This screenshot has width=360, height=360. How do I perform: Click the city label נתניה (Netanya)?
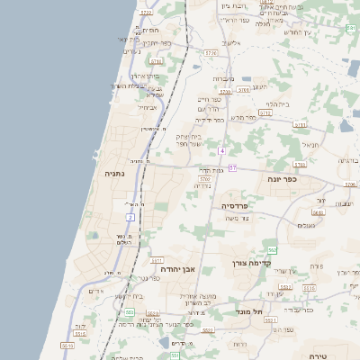(114, 173)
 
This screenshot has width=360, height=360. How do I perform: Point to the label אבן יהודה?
(177, 269)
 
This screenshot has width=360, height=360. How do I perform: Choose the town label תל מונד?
(249, 310)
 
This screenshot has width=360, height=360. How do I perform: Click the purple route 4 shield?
(221, 150)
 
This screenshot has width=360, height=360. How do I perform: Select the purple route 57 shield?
(232, 168)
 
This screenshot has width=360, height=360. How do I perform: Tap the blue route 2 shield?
(130, 217)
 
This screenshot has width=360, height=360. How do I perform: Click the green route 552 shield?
(272, 249)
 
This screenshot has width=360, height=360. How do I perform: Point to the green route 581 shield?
(350, 29)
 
